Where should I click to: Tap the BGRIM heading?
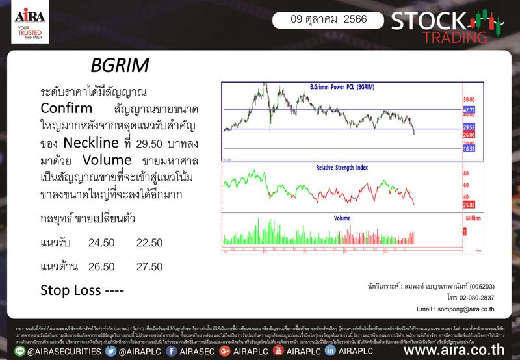121,66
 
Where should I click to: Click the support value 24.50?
101,242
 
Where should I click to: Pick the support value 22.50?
149,242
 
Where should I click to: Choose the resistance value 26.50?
101,266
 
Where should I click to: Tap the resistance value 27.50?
149,266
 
